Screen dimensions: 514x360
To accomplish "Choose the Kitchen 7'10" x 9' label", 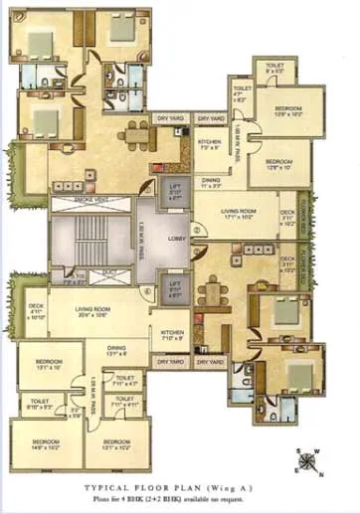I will click(170, 335).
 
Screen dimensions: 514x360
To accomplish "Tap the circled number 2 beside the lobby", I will click(197, 231).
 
